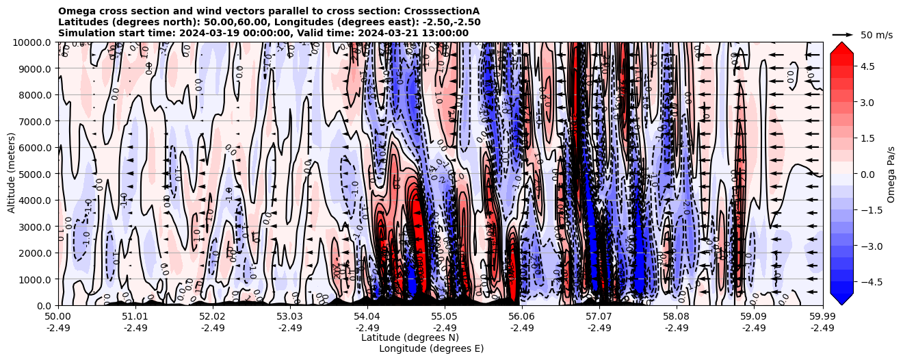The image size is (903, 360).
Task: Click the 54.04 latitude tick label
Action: tap(367, 317)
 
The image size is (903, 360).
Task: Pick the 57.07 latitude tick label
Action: tap(599, 317)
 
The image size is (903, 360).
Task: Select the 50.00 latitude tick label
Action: tap(58, 317)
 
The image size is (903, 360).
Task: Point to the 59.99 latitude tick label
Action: tap(822, 317)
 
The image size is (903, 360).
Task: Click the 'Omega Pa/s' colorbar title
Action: tap(891, 175)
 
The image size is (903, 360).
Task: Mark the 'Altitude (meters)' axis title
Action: tap(12, 174)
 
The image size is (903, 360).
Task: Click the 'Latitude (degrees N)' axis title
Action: tap(410, 337)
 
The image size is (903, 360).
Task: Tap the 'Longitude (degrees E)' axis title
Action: tap(431, 348)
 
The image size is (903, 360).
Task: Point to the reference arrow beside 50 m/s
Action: tap(842, 34)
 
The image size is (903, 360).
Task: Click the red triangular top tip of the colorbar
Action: tap(841, 47)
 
